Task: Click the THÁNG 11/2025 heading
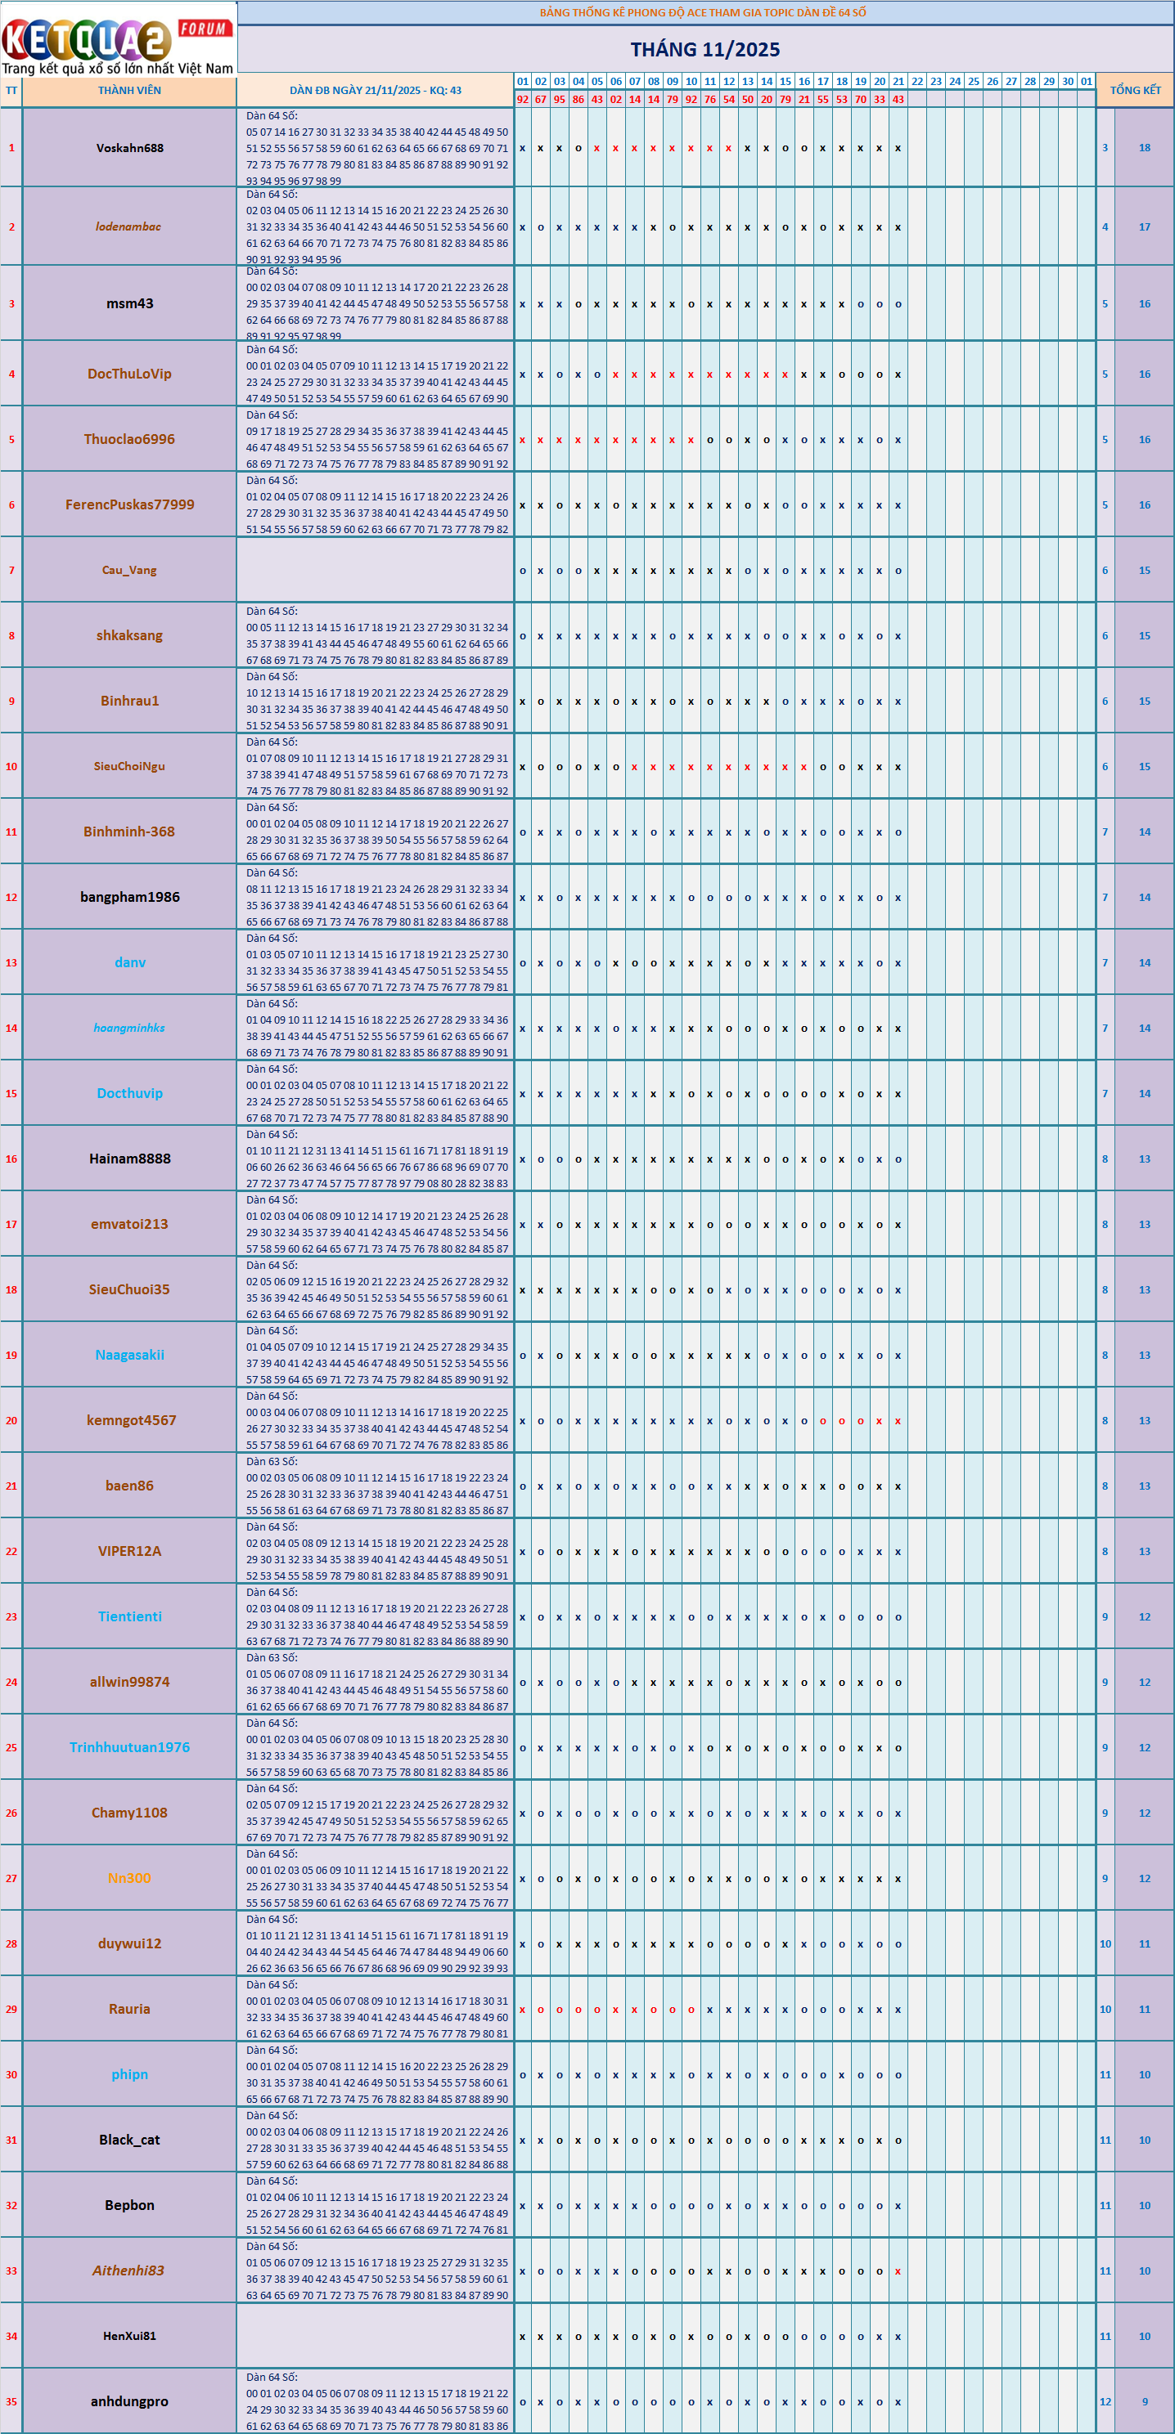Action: coord(705,49)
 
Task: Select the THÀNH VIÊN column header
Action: coord(129,91)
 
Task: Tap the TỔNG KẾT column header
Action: coord(1134,90)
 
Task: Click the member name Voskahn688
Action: coord(129,148)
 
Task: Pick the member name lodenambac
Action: coord(128,226)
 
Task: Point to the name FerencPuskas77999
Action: coord(129,504)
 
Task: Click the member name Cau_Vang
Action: coord(129,571)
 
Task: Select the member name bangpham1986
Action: coord(129,897)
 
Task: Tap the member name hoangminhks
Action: coord(129,1028)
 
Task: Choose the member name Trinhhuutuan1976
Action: coord(129,1747)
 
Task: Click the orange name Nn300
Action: coord(129,1877)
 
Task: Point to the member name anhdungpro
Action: coord(129,2401)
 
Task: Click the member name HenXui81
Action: coord(129,2336)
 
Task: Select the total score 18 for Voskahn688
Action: coord(1144,148)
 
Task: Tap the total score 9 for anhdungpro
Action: coord(1144,2401)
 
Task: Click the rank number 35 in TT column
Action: coord(11,2401)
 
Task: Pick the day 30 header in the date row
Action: coord(1067,81)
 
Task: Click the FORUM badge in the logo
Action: coord(203,29)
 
